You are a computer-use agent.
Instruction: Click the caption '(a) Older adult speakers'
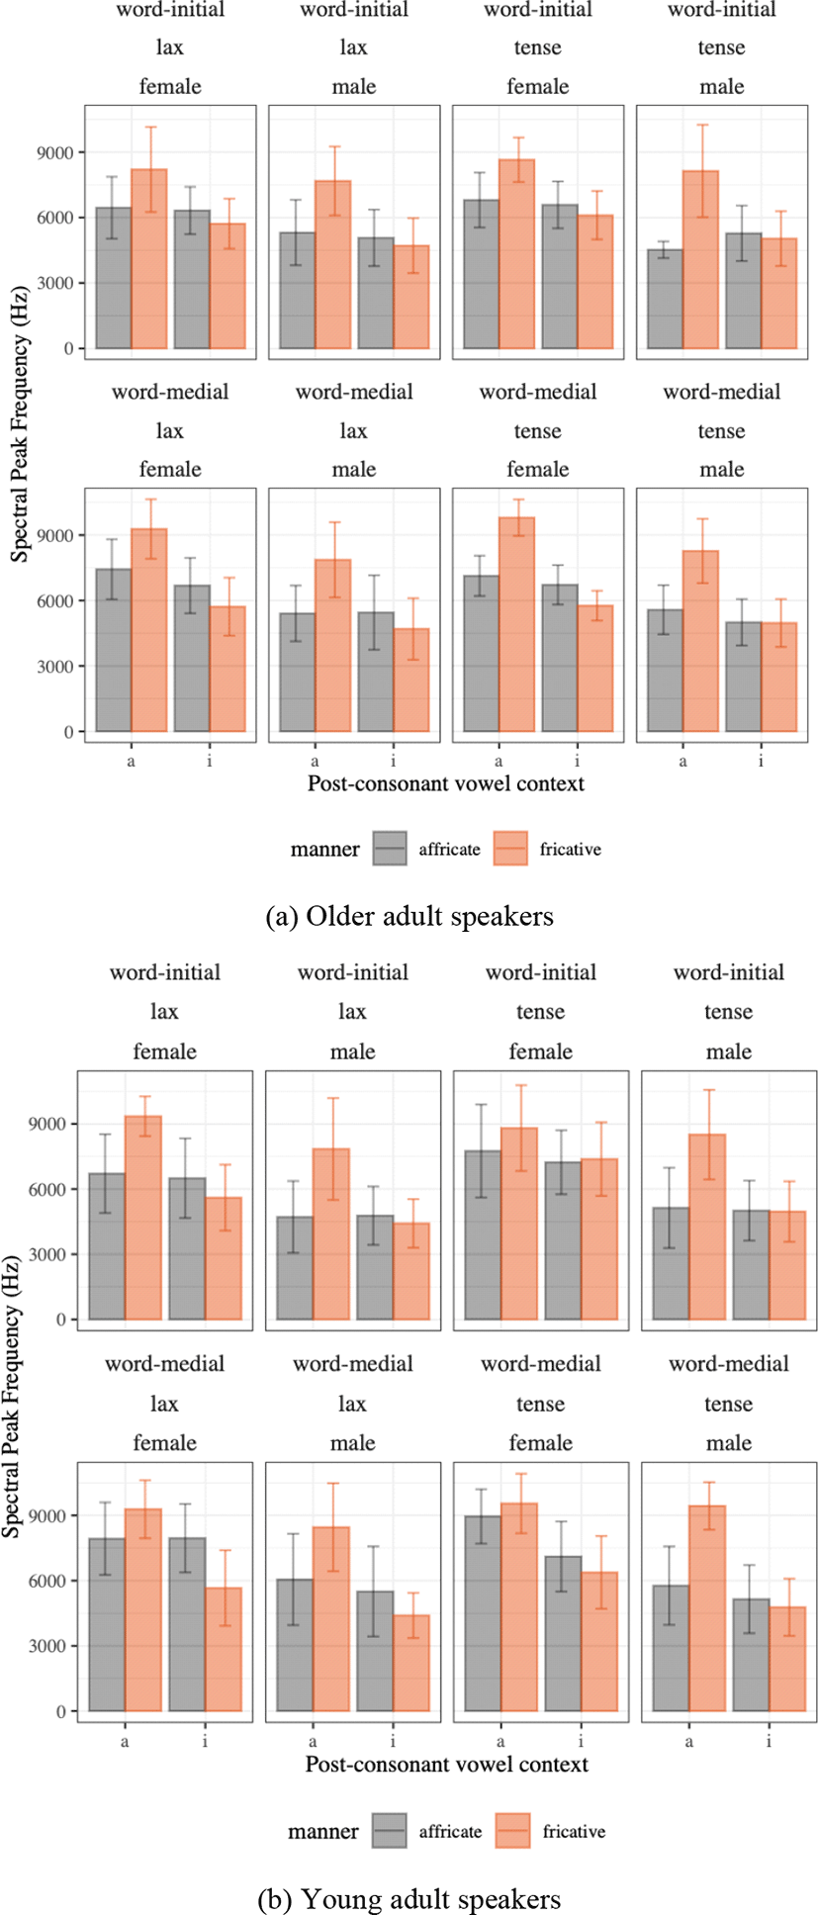click(x=409, y=916)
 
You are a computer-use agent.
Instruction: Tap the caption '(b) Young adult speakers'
click(x=409, y=1899)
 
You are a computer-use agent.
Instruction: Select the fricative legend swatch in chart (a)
click(x=511, y=849)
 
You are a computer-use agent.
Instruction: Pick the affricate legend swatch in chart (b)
click(x=390, y=1831)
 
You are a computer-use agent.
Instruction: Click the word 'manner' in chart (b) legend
click(x=323, y=1832)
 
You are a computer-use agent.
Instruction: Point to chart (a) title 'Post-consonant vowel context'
click(x=445, y=783)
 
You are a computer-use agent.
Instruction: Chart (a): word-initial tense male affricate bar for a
click(x=664, y=299)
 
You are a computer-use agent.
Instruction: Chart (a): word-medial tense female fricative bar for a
click(x=516, y=624)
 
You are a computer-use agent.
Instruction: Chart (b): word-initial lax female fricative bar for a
click(x=142, y=1218)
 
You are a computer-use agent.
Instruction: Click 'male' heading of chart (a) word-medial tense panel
click(x=721, y=469)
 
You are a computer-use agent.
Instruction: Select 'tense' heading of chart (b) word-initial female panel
click(x=540, y=1012)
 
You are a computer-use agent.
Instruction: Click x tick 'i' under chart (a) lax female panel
click(x=210, y=761)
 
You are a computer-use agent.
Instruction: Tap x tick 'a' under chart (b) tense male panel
click(x=688, y=1741)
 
